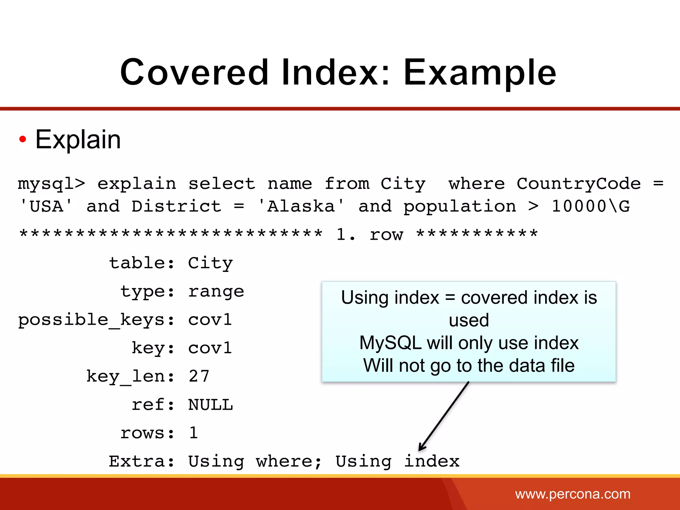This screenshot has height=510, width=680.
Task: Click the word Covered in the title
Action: (x=194, y=72)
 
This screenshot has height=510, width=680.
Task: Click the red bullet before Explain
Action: (x=23, y=139)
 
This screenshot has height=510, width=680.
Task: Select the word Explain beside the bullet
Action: (x=78, y=139)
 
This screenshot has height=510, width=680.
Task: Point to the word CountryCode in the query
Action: (x=578, y=184)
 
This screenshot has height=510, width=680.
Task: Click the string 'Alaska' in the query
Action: (x=301, y=206)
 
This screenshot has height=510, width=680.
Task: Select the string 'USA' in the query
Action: (x=46, y=206)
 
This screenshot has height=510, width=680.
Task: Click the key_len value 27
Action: (x=199, y=377)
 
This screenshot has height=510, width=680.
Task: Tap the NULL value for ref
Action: (x=211, y=405)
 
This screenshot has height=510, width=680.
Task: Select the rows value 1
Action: (x=194, y=433)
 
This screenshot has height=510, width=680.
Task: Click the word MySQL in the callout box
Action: (x=390, y=343)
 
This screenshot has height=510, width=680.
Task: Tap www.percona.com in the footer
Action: (x=572, y=494)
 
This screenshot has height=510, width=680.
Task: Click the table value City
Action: (x=211, y=263)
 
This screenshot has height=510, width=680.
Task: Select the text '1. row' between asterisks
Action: (x=370, y=235)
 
